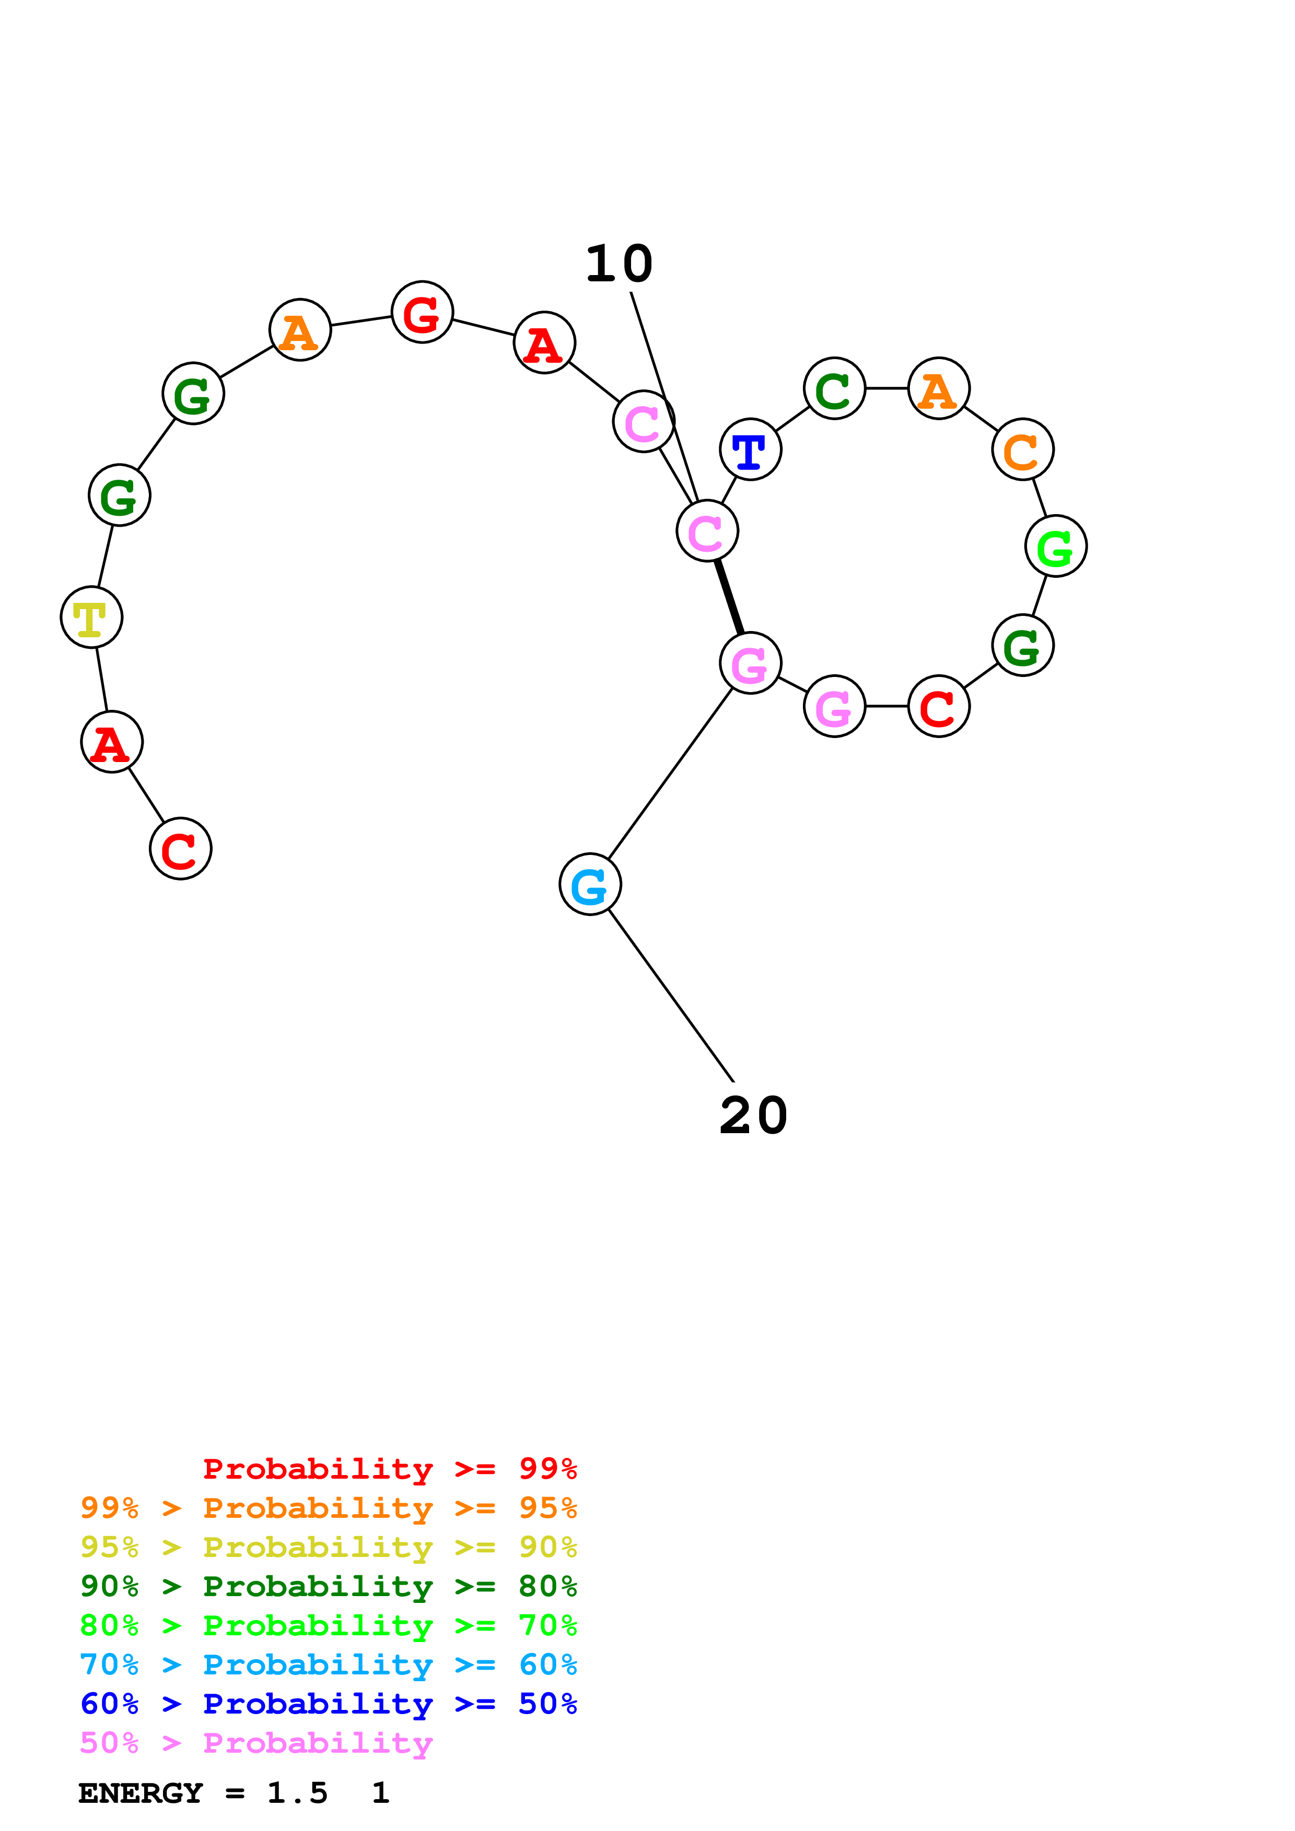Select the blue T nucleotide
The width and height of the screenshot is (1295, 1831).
tap(750, 450)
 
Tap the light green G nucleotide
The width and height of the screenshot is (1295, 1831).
tap(1056, 546)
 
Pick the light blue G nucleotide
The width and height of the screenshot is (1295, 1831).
tap(590, 884)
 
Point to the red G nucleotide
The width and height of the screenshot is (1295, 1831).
tap(422, 313)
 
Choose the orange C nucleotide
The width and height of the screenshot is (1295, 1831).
tap(1022, 450)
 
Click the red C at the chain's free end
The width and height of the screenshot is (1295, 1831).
tap(180, 849)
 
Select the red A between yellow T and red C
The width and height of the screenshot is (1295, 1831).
tap(112, 742)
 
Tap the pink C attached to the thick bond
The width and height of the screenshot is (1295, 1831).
tap(707, 531)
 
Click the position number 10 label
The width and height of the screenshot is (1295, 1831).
tap(619, 264)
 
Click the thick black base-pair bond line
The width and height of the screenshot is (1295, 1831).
tap(729, 597)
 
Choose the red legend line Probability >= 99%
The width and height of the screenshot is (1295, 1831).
tap(390, 1469)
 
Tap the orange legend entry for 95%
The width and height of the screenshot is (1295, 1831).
tap(329, 1508)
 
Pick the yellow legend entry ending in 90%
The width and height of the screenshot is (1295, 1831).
tap(329, 1547)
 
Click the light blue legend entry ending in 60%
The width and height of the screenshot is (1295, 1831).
tap(329, 1664)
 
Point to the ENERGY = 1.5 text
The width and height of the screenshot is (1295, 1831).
tap(203, 1793)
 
